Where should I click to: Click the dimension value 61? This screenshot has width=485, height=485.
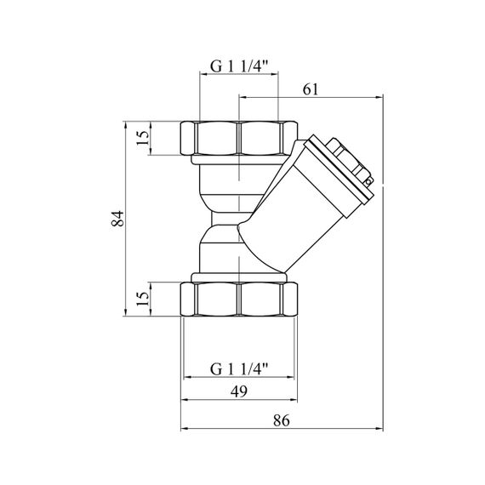(311, 89)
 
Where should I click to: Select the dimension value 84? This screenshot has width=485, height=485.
(117, 219)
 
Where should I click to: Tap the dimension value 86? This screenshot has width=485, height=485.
(282, 420)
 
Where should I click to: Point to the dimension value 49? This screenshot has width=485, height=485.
(239, 391)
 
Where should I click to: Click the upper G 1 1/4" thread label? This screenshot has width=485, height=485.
(239, 66)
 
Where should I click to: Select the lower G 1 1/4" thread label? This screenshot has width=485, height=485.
(239, 368)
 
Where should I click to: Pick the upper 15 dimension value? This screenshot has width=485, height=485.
(143, 138)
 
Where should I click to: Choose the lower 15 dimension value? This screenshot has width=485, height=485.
(143, 300)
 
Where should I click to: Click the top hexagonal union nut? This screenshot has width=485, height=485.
(239, 138)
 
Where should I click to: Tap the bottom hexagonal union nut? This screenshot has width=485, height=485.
(239, 300)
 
